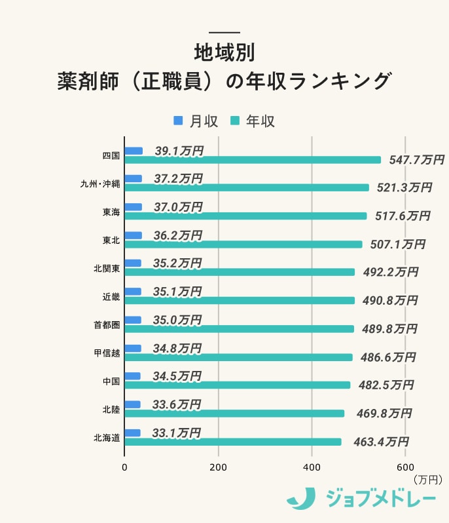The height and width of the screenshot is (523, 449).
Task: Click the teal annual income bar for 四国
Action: coord(253,160)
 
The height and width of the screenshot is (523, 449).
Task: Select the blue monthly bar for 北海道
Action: coord(133,433)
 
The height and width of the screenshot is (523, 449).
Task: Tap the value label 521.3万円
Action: coord(404,187)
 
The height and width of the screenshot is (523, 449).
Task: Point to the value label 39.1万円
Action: coord(179,151)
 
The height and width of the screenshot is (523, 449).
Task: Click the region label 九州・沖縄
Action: coord(100,184)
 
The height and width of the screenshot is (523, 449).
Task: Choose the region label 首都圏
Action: coord(107,325)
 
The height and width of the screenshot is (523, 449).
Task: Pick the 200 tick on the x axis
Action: coord(218,467)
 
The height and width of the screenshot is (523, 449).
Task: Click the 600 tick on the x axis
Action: coord(405,467)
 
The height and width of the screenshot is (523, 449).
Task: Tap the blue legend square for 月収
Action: coord(178,121)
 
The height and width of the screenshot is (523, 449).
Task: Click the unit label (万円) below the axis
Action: coord(428,480)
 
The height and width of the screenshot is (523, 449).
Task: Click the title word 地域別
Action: coord(224,52)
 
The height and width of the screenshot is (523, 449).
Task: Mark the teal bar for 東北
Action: coord(243,244)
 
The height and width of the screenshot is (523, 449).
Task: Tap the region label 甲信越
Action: coord(107,353)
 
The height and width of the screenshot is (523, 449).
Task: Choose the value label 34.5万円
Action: coord(177,376)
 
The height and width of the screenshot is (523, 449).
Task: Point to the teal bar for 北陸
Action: coord(234,414)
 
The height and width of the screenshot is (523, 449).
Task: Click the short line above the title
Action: coord(224,33)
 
